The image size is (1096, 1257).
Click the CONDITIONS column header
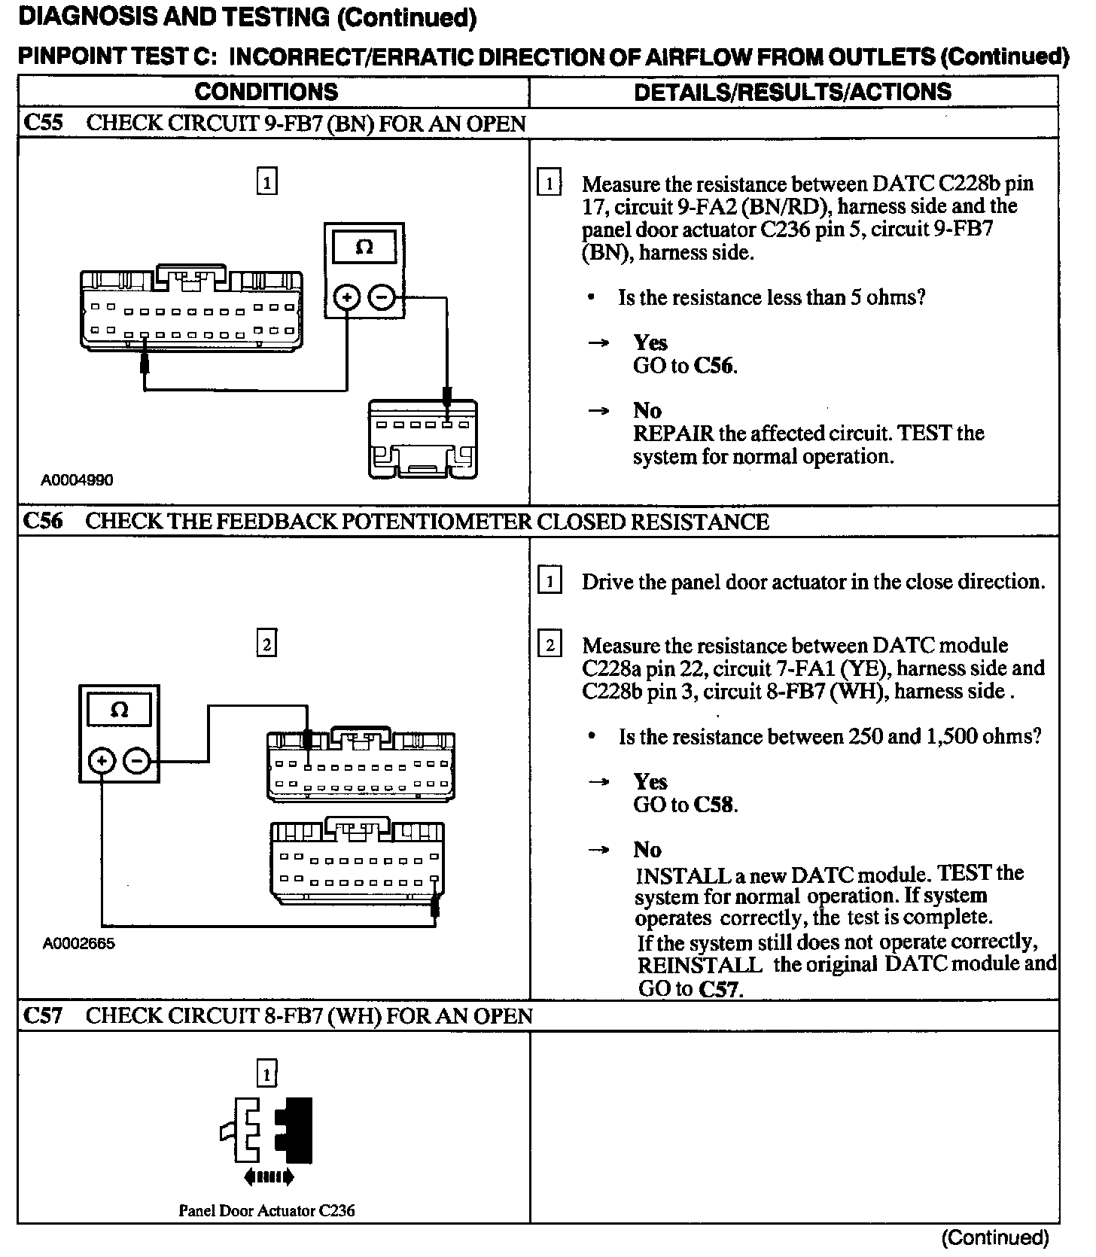click(x=266, y=92)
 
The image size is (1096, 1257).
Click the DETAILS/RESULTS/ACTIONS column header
click(x=793, y=92)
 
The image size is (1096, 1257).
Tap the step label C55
click(x=44, y=123)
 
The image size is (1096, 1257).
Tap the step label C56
click(x=44, y=521)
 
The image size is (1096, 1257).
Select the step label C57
click(x=44, y=1015)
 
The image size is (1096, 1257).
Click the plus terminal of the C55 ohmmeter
click(x=346, y=298)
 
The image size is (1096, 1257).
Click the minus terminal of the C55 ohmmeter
click(x=382, y=298)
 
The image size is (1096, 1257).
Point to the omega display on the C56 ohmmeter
click(x=119, y=710)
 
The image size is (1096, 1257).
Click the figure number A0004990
click(x=77, y=480)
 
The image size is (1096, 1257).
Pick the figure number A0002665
click(x=78, y=943)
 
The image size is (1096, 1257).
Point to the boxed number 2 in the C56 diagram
click(x=266, y=644)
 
